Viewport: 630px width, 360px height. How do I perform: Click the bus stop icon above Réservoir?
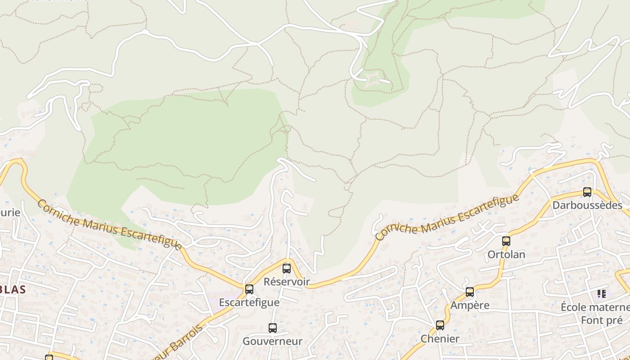tap(287, 269)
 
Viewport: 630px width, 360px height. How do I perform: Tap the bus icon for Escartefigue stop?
tap(249, 289)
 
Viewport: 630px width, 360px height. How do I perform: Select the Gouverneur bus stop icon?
tap(273, 328)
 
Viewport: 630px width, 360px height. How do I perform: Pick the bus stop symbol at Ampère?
tap(470, 292)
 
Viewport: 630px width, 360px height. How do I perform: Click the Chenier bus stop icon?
tap(440, 325)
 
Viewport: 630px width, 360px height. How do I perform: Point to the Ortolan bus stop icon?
tap(506, 241)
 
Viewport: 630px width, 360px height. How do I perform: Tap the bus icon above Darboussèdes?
tap(587, 192)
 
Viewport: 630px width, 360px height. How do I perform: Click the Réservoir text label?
tap(287, 282)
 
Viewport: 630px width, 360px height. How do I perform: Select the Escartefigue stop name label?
tap(249, 302)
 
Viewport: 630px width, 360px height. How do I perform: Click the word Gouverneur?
tap(273, 341)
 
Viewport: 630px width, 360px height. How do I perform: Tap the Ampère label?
tap(470, 305)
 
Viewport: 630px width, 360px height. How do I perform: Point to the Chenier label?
tap(440, 338)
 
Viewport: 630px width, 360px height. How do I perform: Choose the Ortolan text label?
tap(506, 254)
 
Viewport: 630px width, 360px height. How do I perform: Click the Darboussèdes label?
tap(587, 205)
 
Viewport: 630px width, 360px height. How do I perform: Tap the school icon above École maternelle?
tap(602, 294)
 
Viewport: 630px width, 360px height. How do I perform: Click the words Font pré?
tap(602, 320)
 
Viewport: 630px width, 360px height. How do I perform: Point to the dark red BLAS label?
tap(13, 289)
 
